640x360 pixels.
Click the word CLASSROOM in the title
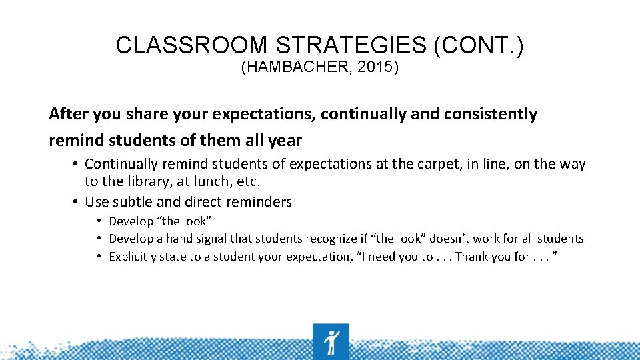[192, 45]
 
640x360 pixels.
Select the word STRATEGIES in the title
[351, 45]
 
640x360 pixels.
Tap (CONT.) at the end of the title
[479, 45]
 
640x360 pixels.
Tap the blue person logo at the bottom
[331, 341]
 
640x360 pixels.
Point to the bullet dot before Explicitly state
[99, 257]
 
